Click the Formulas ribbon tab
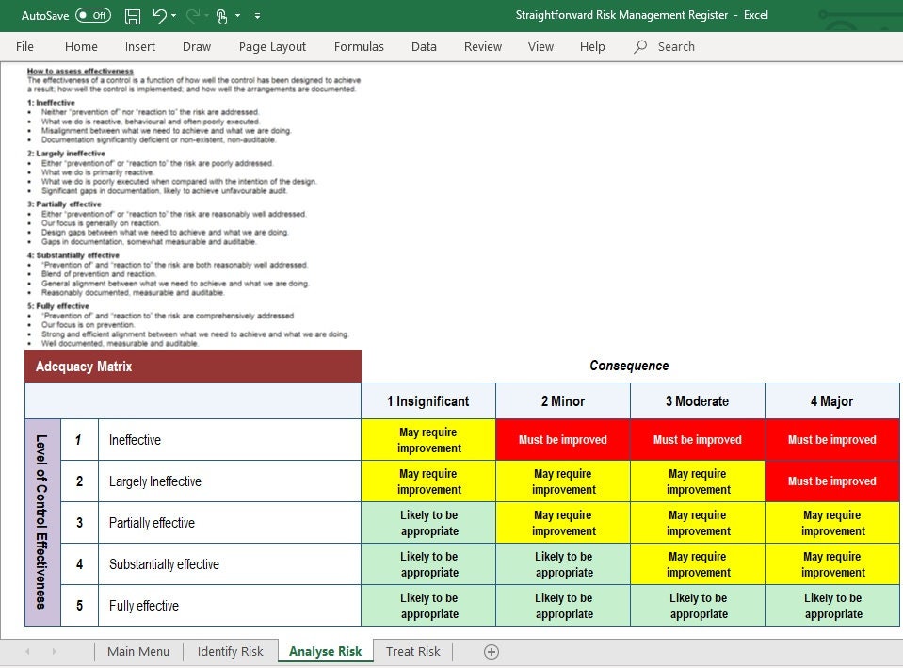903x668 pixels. click(359, 46)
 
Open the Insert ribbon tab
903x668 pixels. click(140, 46)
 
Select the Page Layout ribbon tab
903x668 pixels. click(272, 46)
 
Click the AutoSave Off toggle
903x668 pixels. click(92, 15)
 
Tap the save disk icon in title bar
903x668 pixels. click(133, 16)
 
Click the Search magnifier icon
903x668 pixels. click(641, 46)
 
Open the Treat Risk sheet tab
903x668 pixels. click(412, 651)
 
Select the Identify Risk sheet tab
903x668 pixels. click(230, 651)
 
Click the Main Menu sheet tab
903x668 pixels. click(138, 651)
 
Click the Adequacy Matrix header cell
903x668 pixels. click(192, 367)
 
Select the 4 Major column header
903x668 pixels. click(831, 401)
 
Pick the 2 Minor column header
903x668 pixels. click(563, 401)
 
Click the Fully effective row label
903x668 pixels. click(144, 606)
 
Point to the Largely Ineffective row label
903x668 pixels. click(155, 481)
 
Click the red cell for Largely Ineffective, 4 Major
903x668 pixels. click(832, 481)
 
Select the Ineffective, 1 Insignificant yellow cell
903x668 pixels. click(429, 440)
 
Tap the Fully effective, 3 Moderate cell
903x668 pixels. click(698, 606)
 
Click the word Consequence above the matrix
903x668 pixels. click(629, 366)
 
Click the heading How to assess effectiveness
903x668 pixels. click(80, 72)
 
